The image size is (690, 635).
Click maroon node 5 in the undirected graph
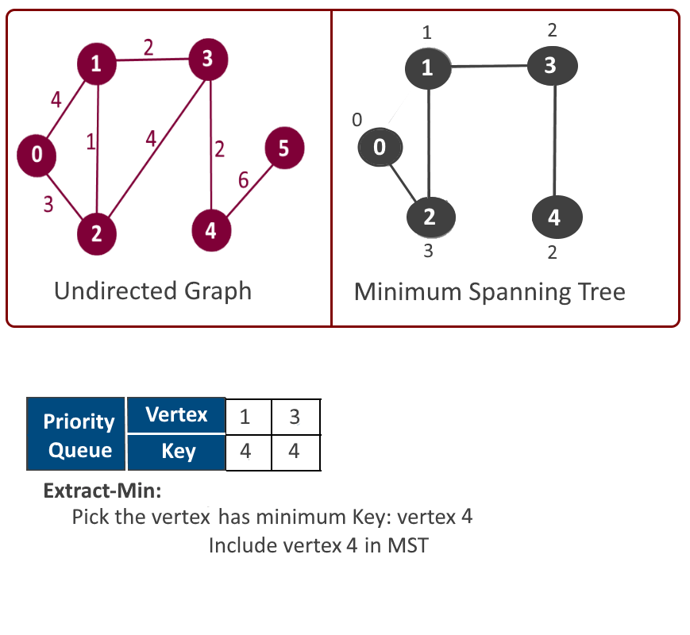pyautogui.click(x=284, y=148)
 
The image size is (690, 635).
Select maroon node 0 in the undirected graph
pyautogui.click(x=37, y=156)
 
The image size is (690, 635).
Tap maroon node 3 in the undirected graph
pyautogui.click(x=208, y=60)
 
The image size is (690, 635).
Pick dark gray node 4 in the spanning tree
pyautogui.click(x=557, y=217)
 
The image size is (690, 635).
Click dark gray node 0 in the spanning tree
pyautogui.click(x=380, y=147)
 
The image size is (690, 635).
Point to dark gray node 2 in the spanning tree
pyautogui.click(x=431, y=217)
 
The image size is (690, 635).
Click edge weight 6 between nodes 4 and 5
pyautogui.click(x=243, y=180)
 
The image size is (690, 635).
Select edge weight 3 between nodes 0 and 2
pyautogui.click(x=48, y=205)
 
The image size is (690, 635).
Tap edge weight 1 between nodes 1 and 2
pyautogui.click(x=91, y=142)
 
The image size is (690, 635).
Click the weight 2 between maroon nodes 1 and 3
pyautogui.click(x=148, y=47)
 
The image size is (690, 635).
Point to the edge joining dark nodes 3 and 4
pyautogui.click(x=555, y=140)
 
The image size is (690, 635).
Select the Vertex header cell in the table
pyautogui.click(x=176, y=415)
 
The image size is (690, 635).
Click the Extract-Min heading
pyautogui.click(x=102, y=491)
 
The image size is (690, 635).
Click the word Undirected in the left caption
pyautogui.click(x=115, y=291)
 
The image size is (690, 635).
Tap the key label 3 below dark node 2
pyautogui.click(x=428, y=251)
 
